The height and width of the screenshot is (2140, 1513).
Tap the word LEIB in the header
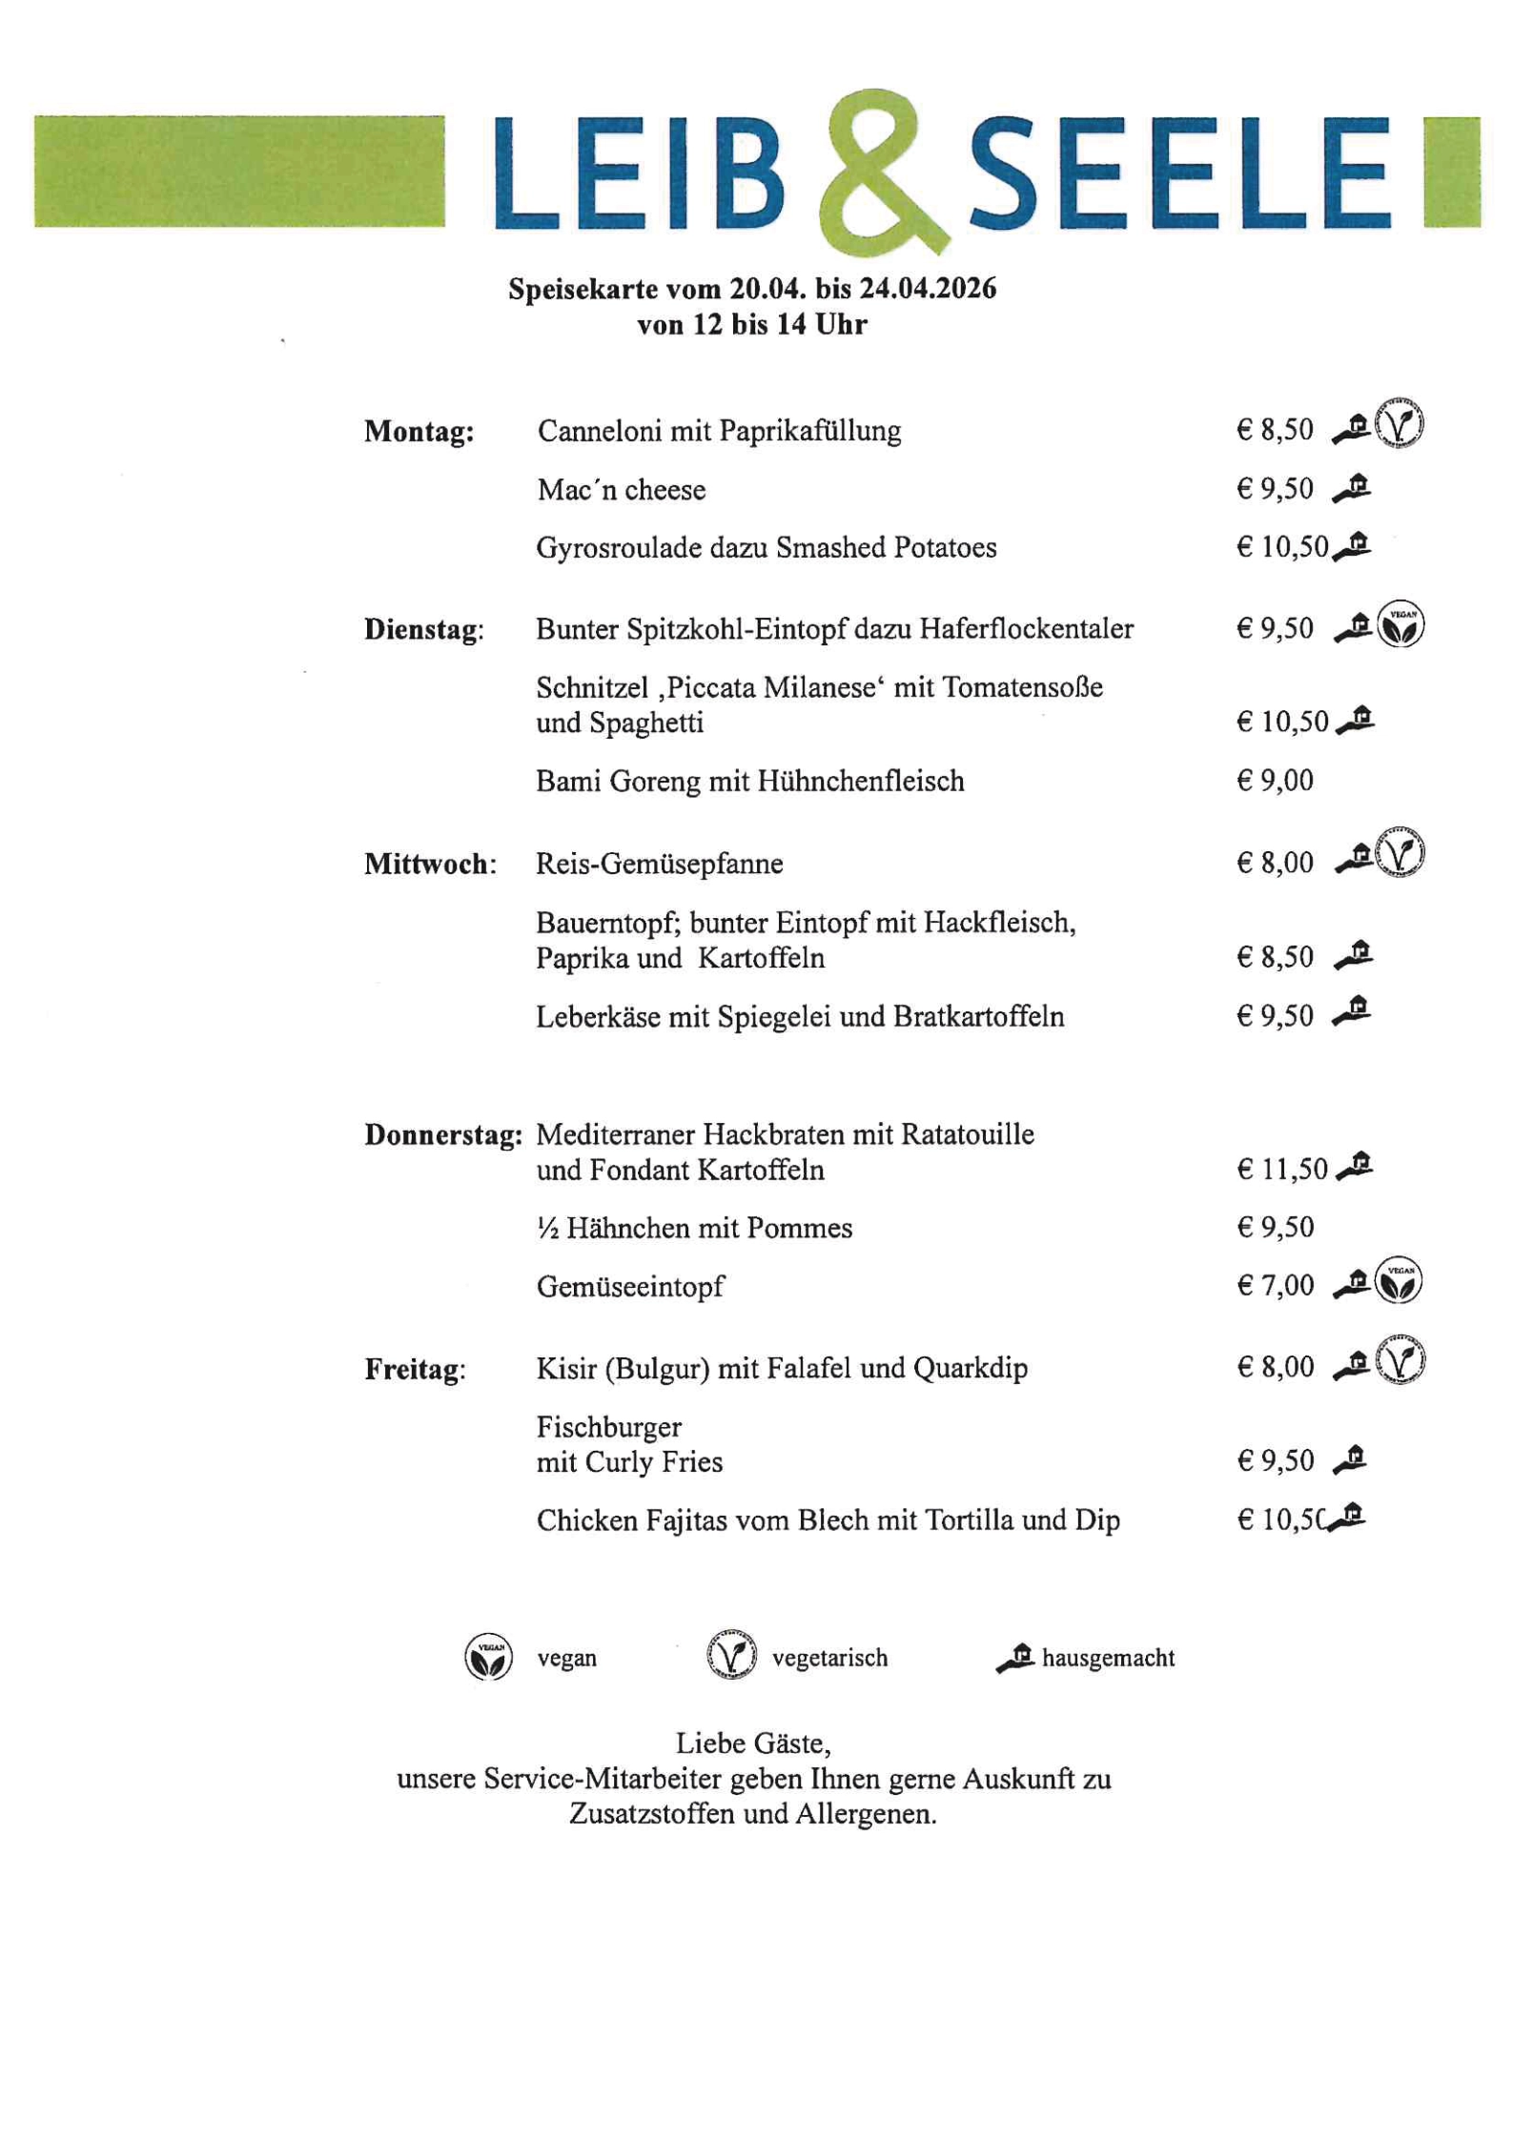coord(639,173)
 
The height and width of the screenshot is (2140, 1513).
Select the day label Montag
coord(419,432)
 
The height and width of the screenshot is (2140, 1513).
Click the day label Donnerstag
coord(442,1134)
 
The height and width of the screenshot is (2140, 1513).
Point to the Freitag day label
coord(414,1370)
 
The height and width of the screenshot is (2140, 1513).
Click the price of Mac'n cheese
coord(1275,489)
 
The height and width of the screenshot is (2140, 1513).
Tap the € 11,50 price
coord(1281,1169)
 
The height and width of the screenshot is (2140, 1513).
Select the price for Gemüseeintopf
coord(1275,1285)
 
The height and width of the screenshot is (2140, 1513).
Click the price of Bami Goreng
coord(1275,781)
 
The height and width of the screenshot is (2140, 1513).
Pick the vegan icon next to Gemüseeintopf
coord(1399,1280)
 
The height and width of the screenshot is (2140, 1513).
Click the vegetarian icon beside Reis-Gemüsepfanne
coord(1399,852)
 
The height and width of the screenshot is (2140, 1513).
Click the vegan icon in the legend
coord(488,1657)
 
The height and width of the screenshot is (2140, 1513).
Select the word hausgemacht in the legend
coord(1108,1658)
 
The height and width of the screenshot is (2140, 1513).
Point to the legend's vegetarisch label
coord(829,1658)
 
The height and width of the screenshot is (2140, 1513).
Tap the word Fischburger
coord(608,1427)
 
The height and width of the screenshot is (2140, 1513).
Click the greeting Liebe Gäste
coord(753,1743)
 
